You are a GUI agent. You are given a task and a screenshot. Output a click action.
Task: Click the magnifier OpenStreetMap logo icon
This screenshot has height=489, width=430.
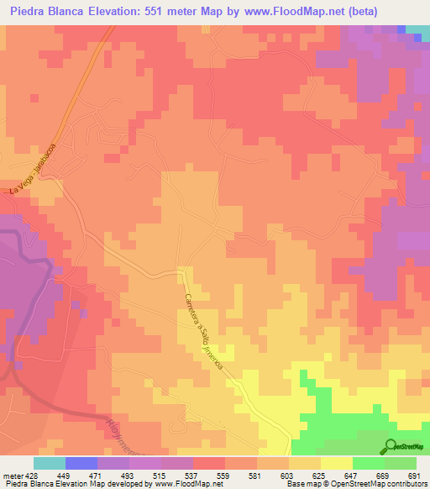click(391, 446)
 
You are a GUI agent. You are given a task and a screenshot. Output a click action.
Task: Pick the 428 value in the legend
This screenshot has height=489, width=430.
click(32, 476)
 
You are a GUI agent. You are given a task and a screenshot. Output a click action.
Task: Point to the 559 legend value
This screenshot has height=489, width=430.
click(223, 476)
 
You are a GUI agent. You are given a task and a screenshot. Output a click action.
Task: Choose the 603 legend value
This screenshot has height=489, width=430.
click(287, 476)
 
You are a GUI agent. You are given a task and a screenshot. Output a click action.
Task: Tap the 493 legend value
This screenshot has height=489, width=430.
click(128, 476)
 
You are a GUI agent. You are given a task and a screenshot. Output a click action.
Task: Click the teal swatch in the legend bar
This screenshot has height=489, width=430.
click(49, 463)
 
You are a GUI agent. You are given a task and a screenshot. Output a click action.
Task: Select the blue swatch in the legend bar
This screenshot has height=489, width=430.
click(81, 463)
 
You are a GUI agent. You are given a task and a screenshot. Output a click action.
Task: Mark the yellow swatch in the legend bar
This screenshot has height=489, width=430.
click(336, 463)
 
